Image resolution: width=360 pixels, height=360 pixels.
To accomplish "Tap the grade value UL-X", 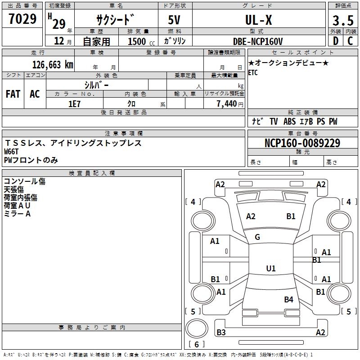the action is click(258, 20).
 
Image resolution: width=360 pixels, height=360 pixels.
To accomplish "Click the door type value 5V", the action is click(175, 20).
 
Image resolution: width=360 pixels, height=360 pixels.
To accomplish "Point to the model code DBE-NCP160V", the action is click(258, 41).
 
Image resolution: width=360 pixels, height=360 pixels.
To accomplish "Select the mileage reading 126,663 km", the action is click(52, 64).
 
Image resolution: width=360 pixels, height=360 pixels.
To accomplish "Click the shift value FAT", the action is click(13, 94).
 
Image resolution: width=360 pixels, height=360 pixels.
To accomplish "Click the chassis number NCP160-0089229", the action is click(302, 143).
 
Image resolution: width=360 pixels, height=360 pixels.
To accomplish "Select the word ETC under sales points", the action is click(253, 73).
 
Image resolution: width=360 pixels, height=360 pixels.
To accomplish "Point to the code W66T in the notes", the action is click(12, 152).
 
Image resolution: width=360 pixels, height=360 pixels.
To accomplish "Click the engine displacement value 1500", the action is click(137, 41).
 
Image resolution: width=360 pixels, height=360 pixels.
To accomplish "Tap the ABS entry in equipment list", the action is click(289, 121).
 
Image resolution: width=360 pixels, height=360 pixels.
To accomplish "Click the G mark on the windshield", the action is click(257, 237).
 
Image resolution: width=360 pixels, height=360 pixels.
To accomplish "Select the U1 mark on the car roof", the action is click(270, 269).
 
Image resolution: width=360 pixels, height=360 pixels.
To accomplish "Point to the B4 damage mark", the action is click(288, 300).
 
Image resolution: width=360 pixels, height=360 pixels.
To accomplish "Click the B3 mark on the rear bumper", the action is click(221, 333).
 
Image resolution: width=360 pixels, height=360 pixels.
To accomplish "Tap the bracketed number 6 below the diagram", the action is click(196, 345).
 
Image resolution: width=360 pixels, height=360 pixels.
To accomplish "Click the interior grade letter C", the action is click(350, 41).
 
